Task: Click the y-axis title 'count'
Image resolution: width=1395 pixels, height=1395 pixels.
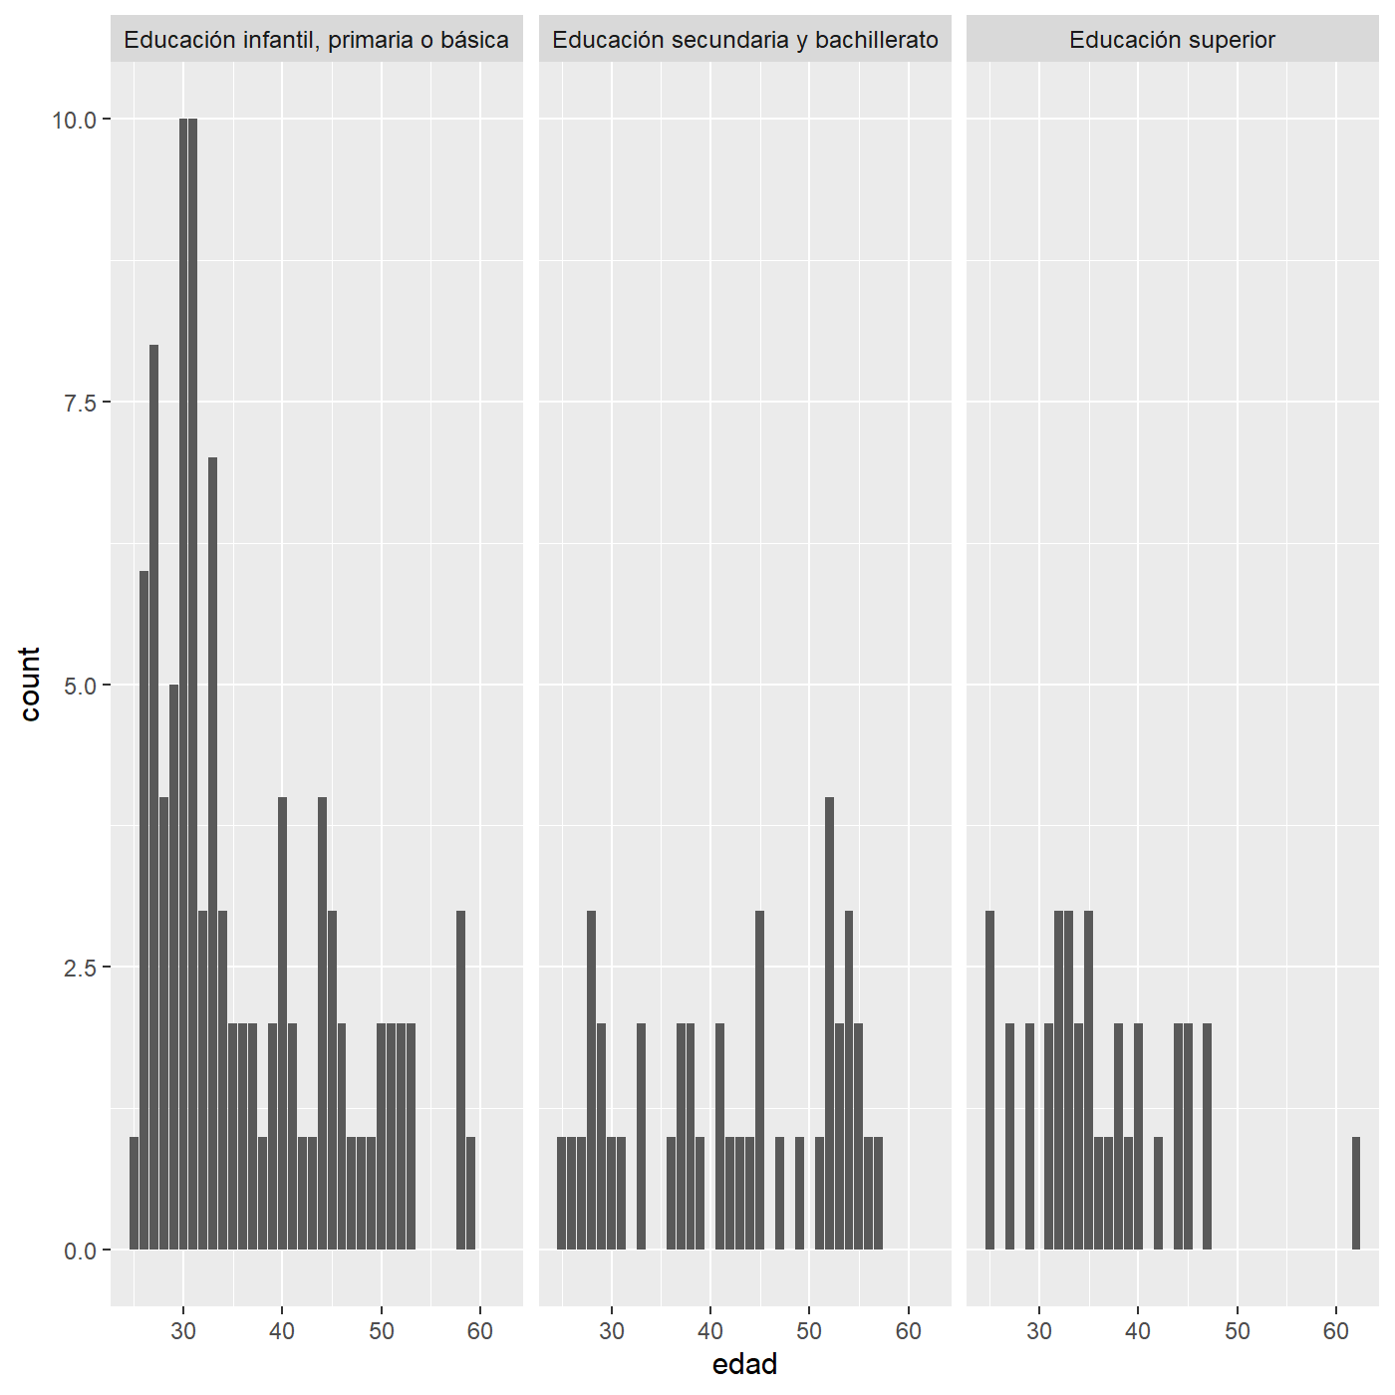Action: tap(30, 685)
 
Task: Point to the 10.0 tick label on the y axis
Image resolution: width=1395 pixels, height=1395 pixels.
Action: tap(74, 121)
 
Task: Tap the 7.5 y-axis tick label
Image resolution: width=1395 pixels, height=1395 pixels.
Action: tap(81, 403)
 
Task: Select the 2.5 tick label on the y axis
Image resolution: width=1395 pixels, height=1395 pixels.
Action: tap(81, 968)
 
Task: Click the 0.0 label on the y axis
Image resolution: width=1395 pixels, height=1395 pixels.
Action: tap(81, 1251)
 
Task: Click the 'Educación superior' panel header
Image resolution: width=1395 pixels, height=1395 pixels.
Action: tap(1172, 39)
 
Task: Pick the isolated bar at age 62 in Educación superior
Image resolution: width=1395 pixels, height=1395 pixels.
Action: tap(1356, 1193)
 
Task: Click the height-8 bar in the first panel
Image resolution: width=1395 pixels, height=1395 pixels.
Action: tap(154, 797)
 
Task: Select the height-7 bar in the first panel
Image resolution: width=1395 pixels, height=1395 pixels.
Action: tap(213, 854)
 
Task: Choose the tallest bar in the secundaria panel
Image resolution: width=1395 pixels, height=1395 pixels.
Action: tap(830, 1023)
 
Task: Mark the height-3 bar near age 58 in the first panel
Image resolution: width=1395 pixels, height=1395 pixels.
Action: tap(460, 1080)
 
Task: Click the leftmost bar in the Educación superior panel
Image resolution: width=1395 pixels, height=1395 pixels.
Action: tap(989, 1080)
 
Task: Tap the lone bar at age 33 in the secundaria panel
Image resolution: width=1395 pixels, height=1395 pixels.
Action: tap(641, 1137)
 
